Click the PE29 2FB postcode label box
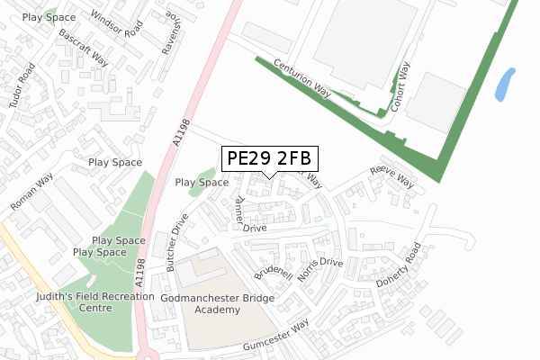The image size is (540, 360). coord(269,158)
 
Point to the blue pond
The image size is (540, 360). coord(505,84)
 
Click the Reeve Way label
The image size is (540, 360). coord(392,176)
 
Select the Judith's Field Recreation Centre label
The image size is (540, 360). coord(74,301)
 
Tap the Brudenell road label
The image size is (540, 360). coord(274,261)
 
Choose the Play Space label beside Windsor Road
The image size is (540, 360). coord(49,17)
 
